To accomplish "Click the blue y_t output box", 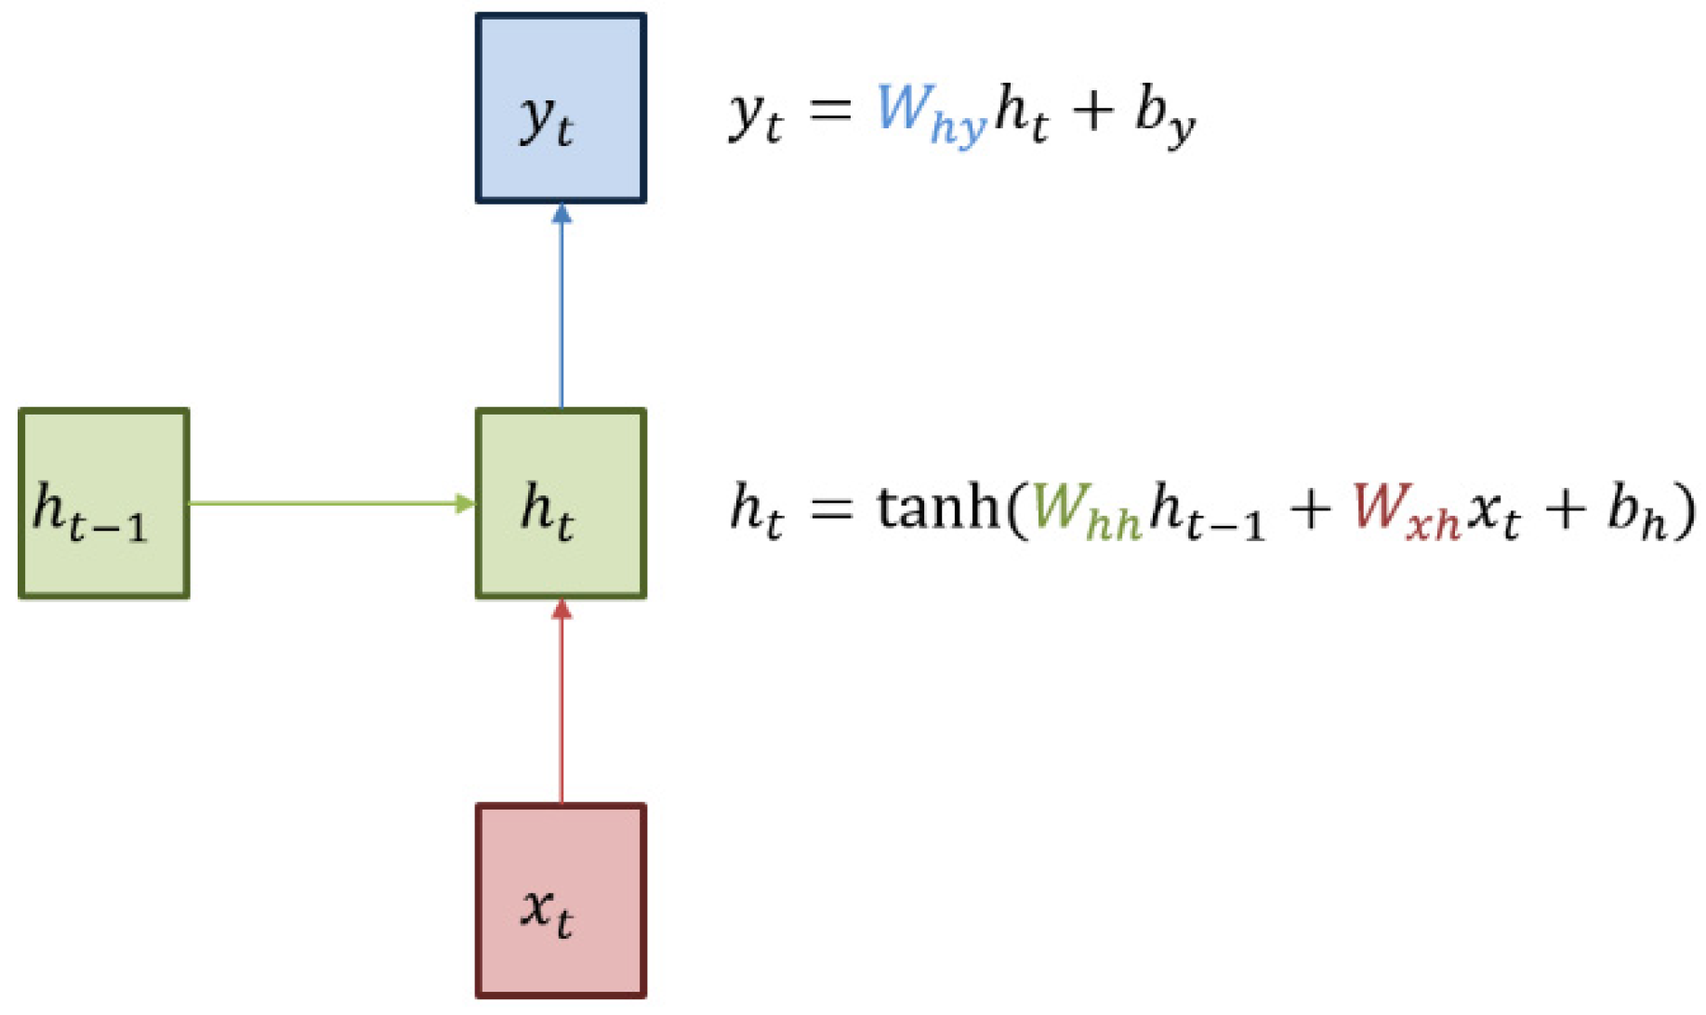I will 561,108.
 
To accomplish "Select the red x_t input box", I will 561,900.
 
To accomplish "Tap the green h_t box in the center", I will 561,503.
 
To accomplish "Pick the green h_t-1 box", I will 104,503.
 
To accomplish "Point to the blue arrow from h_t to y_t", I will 561,307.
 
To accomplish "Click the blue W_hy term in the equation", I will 930,113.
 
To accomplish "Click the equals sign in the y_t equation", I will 830,112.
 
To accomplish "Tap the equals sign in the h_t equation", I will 830,507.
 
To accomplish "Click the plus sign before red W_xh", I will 1309,509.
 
